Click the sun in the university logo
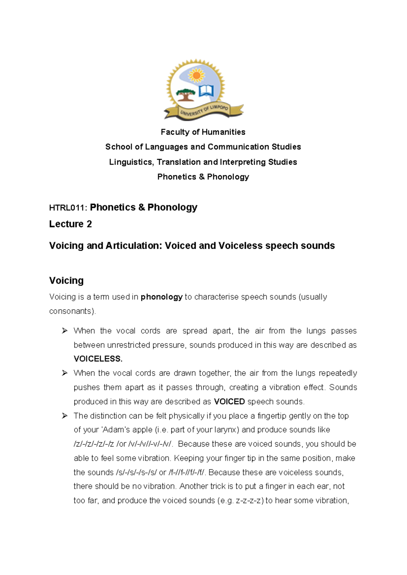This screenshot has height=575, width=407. pyautogui.click(x=196, y=75)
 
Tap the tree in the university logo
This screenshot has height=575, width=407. pyautogui.click(x=185, y=95)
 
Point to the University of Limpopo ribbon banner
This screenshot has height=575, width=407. pyautogui.click(x=204, y=111)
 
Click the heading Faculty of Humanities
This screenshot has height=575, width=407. pyautogui.click(x=203, y=132)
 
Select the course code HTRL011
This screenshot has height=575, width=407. pyautogui.click(x=67, y=208)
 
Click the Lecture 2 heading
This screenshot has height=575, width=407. pyautogui.click(x=70, y=224)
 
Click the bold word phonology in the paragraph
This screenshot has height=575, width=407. pyautogui.click(x=161, y=297)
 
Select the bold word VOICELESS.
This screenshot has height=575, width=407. pyautogui.click(x=98, y=359)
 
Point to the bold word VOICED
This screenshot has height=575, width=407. pyautogui.click(x=229, y=402)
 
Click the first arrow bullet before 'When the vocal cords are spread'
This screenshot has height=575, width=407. pyautogui.click(x=65, y=331)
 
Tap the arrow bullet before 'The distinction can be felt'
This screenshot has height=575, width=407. pyautogui.click(x=65, y=416)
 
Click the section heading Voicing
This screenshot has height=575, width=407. pyautogui.click(x=66, y=281)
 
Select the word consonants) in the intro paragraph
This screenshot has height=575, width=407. pyautogui.click(x=72, y=311)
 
